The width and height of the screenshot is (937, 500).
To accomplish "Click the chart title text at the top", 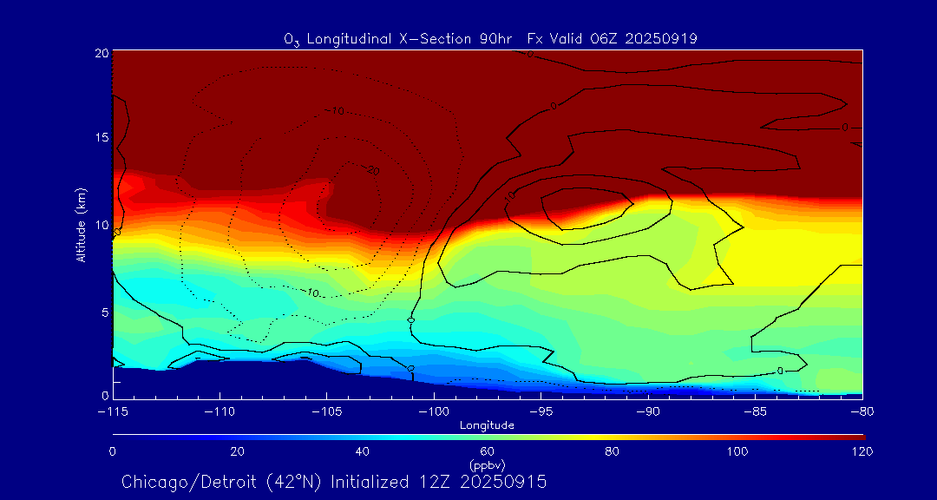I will click(490, 38).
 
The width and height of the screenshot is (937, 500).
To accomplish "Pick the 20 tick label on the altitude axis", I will click(101, 53).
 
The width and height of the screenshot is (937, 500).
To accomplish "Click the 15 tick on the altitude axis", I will click(101, 138).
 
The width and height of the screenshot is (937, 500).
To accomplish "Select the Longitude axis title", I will click(488, 425).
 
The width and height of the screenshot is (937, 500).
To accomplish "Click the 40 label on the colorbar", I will click(363, 451).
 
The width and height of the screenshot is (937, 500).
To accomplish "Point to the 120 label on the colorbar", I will click(862, 451).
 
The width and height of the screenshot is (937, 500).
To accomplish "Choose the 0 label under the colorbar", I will click(113, 451).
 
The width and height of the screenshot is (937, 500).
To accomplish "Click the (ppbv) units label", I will click(487, 464).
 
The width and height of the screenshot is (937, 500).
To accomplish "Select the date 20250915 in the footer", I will click(503, 482).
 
